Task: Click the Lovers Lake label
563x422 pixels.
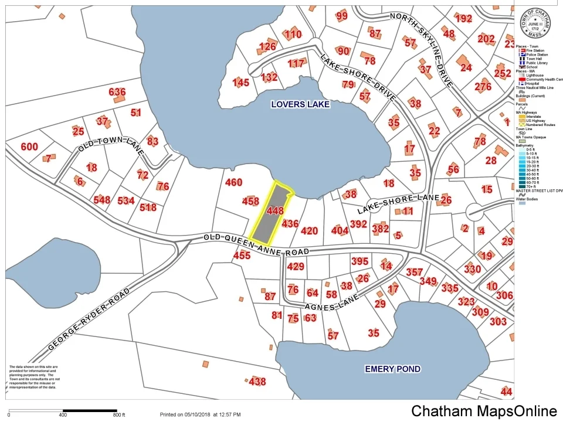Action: pos(300,104)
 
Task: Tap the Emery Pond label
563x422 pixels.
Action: pos(392,369)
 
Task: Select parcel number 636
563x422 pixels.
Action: pos(117,92)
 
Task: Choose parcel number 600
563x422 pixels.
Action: pos(29,147)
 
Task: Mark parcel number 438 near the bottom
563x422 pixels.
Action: pos(257,382)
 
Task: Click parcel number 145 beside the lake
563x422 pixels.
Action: pos(240,83)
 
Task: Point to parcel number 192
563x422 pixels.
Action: pos(463,19)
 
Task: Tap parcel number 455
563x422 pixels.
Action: pos(242,255)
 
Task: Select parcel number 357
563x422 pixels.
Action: pos(414,272)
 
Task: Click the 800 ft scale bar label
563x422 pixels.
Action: pos(119,415)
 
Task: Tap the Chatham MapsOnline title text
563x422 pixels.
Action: pos(483,411)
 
